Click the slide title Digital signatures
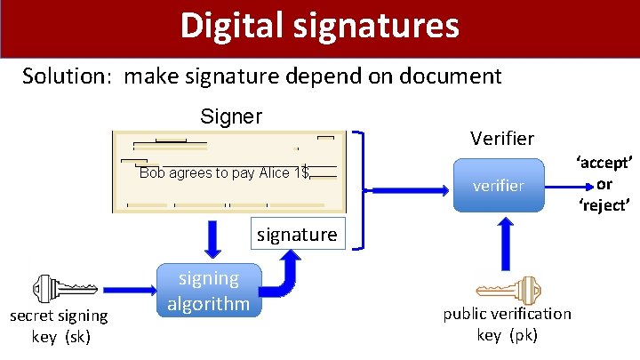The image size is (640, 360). coord(319,26)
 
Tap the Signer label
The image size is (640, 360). coord(231,116)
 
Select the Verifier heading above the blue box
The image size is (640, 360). coord(502,138)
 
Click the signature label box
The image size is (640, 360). coord(296,235)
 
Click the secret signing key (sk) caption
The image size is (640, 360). coord(59,325)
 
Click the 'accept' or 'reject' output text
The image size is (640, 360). coord(604,183)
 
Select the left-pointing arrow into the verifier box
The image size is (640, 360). coord(404,188)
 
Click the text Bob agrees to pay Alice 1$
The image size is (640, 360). coord(223,173)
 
